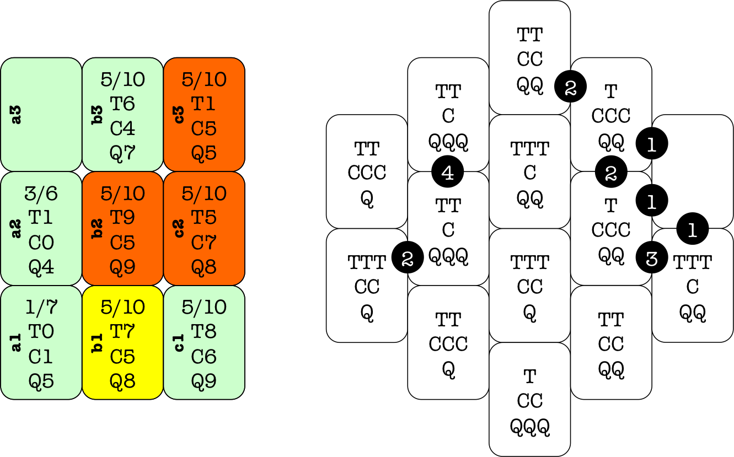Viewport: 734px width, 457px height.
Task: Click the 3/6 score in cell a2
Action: [x=41, y=193]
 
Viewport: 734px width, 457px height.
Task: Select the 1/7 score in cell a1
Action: [x=41, y=307]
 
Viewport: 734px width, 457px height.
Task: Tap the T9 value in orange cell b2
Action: [x=122, y=218]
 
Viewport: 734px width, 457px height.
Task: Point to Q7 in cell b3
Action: [x=122, y=153]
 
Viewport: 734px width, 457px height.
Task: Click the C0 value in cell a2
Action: [x=41, y=243]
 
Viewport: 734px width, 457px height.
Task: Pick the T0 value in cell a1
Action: [x=41, y=332]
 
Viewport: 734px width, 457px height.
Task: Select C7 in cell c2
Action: [x=204, y=243]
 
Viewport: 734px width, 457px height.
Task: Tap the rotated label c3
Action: [x=179, y=115]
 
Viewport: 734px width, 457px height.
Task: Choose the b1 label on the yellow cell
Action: [x=98, y=342]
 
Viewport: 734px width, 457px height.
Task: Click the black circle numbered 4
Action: [x=448, y=172]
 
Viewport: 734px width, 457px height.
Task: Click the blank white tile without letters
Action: [x=693, y=171]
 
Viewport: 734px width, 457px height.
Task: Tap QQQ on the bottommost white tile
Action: [x=530, y=426]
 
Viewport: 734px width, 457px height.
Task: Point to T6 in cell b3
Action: [x=122, y=104]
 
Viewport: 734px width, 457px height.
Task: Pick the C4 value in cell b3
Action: [x=122, y=128]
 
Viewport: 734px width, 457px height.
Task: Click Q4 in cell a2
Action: [x=41, y=267]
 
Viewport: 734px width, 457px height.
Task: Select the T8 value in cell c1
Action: [x=204, y=332]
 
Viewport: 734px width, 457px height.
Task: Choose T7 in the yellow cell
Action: [x=122, y=332]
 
